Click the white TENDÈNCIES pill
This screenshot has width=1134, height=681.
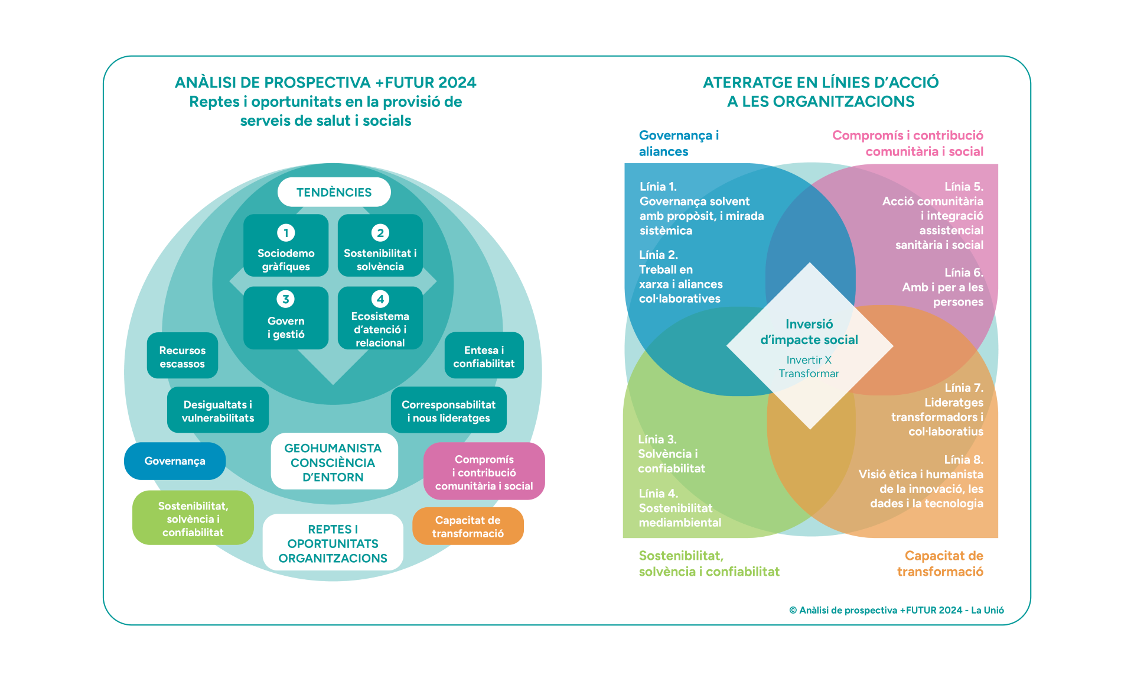click(x=334, y=192)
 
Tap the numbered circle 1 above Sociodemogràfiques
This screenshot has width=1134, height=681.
click(x=286, y=233)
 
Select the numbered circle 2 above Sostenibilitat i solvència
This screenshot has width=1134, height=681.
click(x=380, y=233)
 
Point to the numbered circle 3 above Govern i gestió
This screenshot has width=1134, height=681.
click(x=286, y=299)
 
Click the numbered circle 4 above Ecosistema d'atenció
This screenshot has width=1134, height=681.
click(x=380, y=299)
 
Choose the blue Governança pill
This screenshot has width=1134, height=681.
click(x=175, y=461)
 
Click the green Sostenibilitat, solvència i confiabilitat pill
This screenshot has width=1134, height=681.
click(x=193, y=518)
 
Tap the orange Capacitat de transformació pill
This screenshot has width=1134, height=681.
click(x=468, y=526)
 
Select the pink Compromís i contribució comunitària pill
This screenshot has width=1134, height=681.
click(x=484, y=472)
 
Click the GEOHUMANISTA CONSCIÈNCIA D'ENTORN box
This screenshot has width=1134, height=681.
click(x=334, y=462)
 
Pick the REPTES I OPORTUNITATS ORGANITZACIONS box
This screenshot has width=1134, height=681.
click(x=333, y=543)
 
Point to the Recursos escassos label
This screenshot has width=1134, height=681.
click(x=183, y=357)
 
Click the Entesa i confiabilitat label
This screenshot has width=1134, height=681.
click(x=484, y=357)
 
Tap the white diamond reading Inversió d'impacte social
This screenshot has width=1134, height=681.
click(x=809, y=346)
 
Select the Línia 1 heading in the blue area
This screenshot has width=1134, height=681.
click(x=658, y=187)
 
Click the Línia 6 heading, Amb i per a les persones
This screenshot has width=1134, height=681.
click(x=963, y=273)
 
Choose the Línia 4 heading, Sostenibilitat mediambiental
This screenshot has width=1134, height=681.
click(x=658, y=494)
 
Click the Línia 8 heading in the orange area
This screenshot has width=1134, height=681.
click(x=963, y=460)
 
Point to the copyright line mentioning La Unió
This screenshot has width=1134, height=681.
click(x=896, y=610)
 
